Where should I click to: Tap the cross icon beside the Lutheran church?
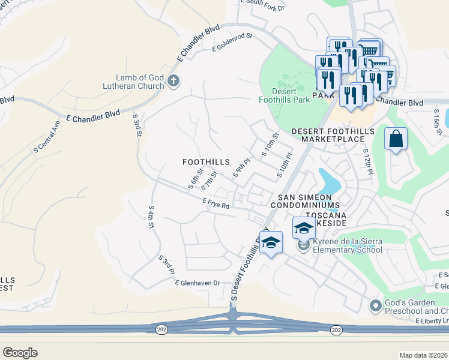coord(173,80)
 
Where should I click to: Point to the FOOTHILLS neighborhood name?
coord(206,162)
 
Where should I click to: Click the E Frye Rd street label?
coord(216,205)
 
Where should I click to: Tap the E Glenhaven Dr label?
coord(197,283)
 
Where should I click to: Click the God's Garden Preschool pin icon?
coord(376,305)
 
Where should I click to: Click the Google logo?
coord(20,353)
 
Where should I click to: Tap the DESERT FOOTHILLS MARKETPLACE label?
coord(333,136)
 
